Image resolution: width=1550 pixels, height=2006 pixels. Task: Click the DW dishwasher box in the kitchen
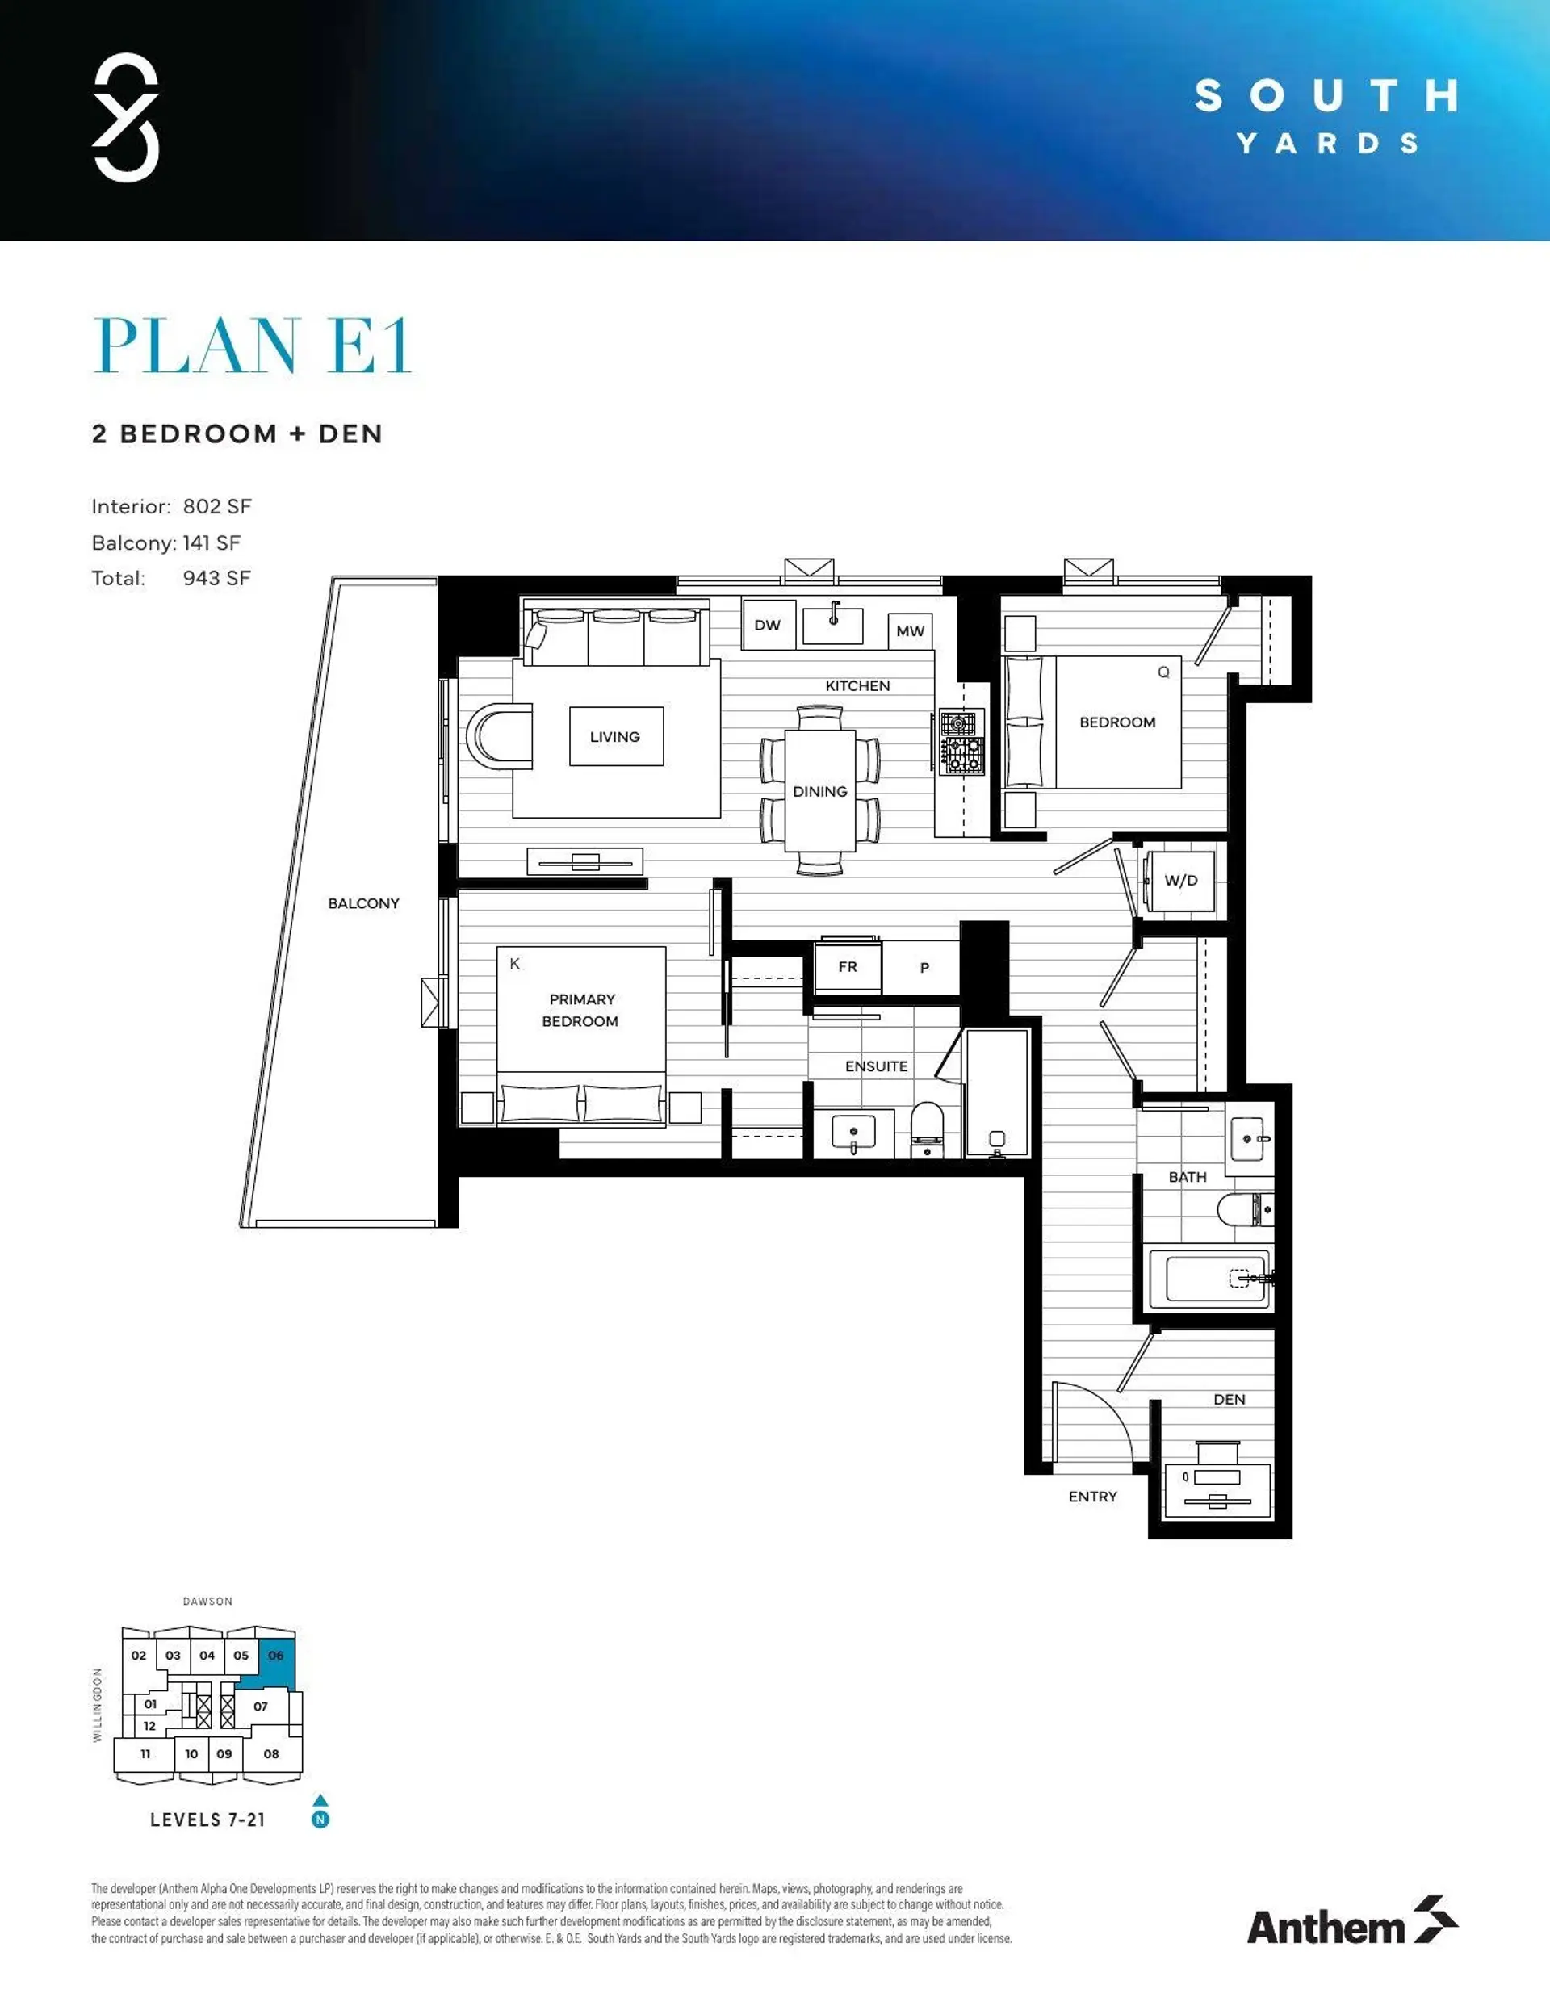click(768, 626)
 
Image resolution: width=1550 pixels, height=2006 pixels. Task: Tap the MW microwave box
click(910, 631)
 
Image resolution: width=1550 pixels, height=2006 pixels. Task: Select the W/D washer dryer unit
click(1180, 881)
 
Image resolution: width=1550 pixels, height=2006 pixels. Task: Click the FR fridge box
click(847, 967)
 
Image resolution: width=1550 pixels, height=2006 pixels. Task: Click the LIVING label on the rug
click(614, 737)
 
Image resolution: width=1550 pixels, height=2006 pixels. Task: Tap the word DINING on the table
click(819, 792)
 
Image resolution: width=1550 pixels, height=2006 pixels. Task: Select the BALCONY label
click(363, 904)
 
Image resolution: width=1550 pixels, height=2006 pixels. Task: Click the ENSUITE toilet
click(927, 1130)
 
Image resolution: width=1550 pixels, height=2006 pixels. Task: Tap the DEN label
click(1229, 1400)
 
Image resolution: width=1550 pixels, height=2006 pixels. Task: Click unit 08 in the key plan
click(271, 1754)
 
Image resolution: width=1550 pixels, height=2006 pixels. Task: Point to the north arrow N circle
click(320, 1819)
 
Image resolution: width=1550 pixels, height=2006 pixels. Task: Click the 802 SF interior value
click(217, 507)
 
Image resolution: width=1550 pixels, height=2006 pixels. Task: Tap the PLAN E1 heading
click(252, 346)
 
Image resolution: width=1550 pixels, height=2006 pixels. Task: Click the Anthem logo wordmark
click(1325, 1927)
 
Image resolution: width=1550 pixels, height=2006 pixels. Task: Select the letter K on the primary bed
click(514, 965)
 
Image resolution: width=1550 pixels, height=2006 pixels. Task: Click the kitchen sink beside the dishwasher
click(832, 626)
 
